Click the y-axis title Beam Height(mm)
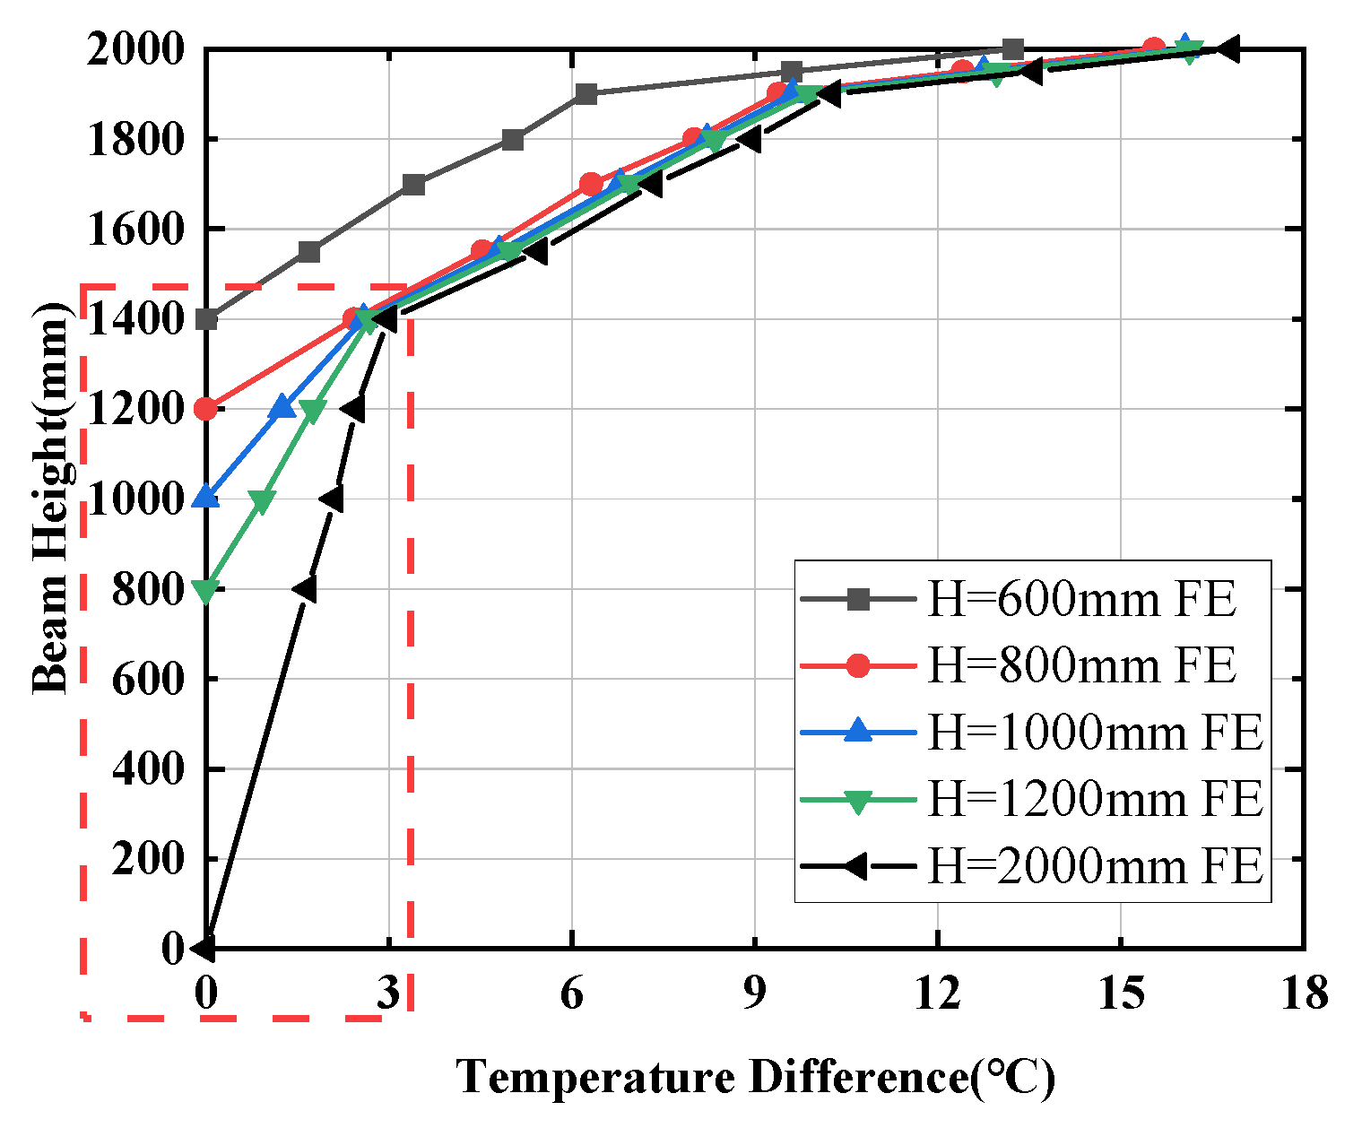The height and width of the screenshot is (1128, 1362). (51, 498)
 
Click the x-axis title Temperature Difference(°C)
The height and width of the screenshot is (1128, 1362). (756, 1077)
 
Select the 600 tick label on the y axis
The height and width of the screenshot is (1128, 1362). (148, 679)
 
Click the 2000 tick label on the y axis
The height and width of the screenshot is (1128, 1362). (134, 49)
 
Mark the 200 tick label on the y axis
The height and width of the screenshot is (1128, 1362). (148, 859)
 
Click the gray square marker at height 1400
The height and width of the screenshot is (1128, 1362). (207, 319)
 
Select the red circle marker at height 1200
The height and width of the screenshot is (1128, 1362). (206, 409)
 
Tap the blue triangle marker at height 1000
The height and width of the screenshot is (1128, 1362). (206, 497)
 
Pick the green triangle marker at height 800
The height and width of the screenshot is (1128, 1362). (206, 591)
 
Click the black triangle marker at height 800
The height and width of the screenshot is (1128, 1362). (305, 589)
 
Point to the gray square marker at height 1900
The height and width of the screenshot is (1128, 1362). (586, 94)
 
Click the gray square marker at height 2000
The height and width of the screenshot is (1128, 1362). (1013, 49)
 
